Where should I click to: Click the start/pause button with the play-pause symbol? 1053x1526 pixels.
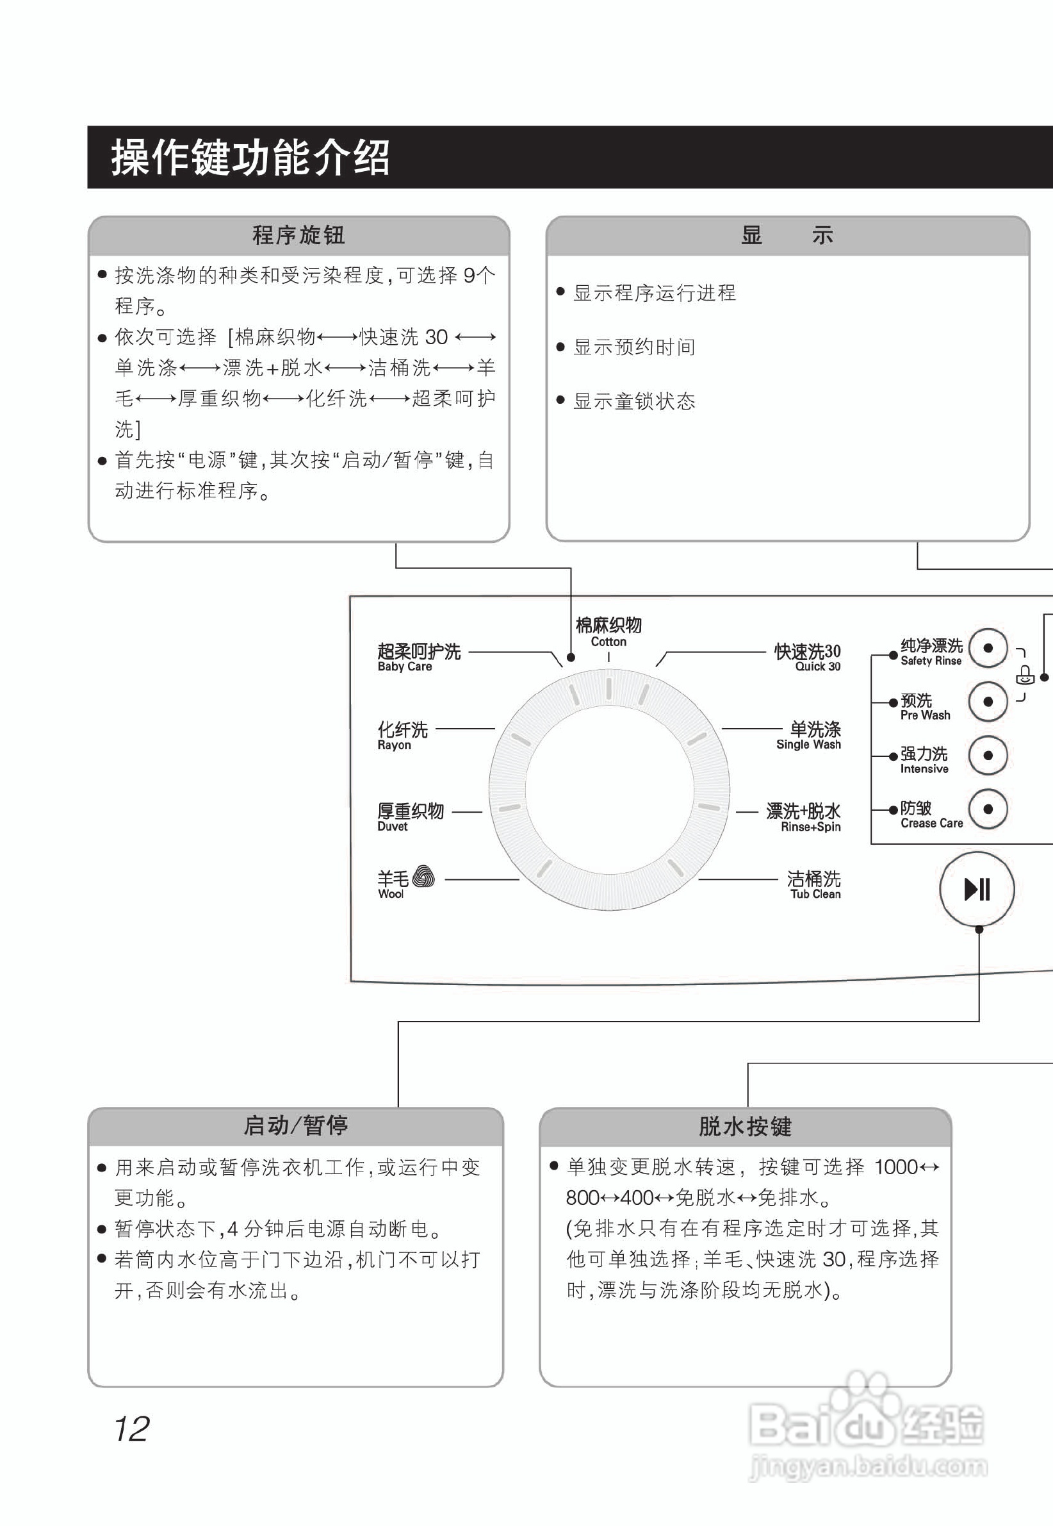click(x=977, y=888)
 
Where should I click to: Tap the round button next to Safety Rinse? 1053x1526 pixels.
click(x=987, y=647)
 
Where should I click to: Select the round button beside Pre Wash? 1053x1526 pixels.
click(x=987, y=701)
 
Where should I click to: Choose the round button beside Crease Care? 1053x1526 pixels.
click(x=987, y=809)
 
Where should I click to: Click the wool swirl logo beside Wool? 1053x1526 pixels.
click(x=423, y=877)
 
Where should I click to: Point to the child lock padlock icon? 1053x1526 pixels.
click(x=1024, y=675)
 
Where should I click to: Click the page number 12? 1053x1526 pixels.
click(x=131, y=1429)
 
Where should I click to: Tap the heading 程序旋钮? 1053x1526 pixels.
click(x=298, y=235)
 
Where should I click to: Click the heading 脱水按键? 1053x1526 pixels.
click(x=745, y=1126)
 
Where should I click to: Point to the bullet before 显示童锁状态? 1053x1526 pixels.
click(x=561, y=400)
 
